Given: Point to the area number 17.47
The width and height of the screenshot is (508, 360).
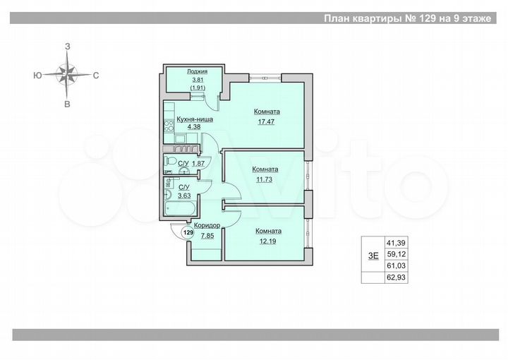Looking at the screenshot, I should [267, 121].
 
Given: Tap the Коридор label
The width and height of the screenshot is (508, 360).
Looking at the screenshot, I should [208, 225].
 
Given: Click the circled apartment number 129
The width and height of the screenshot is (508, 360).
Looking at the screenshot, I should [188, 232].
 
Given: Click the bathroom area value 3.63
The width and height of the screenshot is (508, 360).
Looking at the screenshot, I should [185, 196].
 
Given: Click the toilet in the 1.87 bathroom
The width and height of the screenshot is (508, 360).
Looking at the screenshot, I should [182, 169].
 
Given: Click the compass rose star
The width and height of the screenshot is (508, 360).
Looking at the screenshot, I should [68, 73].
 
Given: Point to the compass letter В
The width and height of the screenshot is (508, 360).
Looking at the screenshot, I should [68, 104].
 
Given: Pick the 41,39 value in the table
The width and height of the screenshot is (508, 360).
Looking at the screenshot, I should [396, 242].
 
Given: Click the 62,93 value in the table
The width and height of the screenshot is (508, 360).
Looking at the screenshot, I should [396, 277].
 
